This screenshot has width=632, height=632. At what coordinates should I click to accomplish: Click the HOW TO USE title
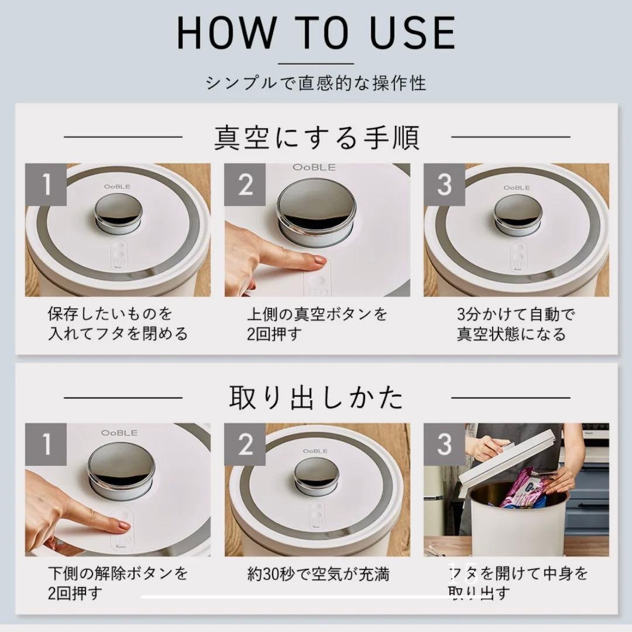[316, 33]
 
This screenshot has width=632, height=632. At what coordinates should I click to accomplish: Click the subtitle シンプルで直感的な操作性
[316, 83]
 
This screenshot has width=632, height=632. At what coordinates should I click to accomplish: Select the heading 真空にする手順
[316, 138]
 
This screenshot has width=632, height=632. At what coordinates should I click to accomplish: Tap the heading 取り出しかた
[316, 398]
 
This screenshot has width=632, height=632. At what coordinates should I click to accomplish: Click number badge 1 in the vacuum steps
[46, 184]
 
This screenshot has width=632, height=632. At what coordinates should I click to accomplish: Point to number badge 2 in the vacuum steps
[245, 184]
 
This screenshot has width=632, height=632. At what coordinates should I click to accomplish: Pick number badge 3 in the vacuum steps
[444, 184]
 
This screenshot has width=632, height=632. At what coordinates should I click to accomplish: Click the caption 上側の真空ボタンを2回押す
[317, 324]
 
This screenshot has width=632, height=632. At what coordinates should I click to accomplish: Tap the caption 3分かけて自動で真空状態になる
[515, 324]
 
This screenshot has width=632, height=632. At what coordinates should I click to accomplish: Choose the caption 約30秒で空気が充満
[318, 574]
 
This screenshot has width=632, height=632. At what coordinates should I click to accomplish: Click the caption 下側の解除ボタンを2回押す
[117, 583]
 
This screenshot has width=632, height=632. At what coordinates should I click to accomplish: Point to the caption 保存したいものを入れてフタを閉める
[117, 324]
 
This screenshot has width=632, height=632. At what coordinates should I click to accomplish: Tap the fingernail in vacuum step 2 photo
[320, 260]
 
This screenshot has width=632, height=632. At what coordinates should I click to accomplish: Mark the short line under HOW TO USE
[316, 63]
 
